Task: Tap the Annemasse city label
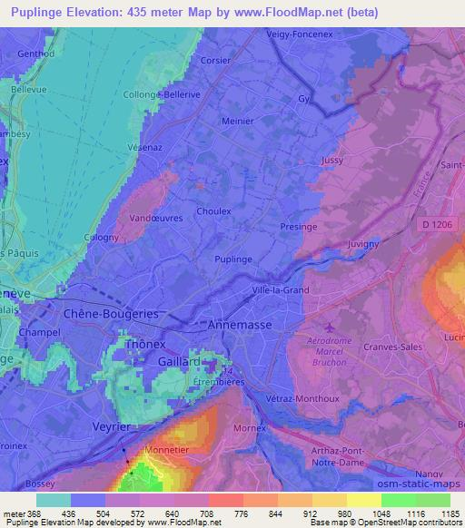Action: tap(241, 323)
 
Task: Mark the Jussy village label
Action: tap(332, 161)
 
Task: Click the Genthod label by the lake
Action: tap(35, 54)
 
